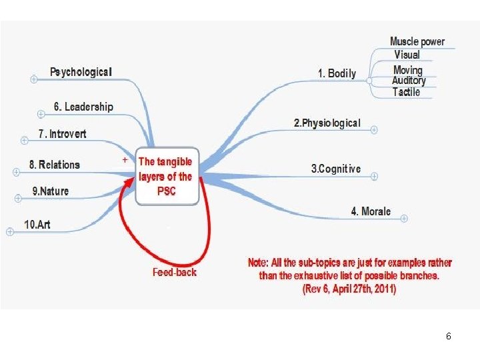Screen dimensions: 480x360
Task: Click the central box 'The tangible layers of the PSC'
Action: point(167,176)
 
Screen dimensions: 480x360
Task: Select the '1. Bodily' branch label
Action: point(337,73)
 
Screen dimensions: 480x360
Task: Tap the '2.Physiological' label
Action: point(327,123)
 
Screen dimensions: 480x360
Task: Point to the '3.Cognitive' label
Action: point(336,169)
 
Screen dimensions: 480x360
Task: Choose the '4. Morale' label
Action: point(371,211)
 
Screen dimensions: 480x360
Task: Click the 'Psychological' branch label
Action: point(81,72)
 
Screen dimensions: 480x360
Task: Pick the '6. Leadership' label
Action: point(83,107)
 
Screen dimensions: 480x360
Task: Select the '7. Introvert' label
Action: point(62,134)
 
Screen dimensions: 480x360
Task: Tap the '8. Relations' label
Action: point(55,165)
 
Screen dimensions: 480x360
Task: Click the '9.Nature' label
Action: point(51,191)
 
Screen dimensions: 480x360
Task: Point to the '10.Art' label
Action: point(37,225)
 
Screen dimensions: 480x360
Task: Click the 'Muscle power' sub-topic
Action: point(417,41)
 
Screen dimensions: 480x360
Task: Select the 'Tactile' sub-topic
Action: point(406,92)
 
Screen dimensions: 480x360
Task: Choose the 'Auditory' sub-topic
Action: point(409,81)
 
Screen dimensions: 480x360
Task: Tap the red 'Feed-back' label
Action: point(175,272)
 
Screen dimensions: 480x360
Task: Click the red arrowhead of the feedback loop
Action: point(129,182)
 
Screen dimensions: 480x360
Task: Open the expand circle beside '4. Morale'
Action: point(404,218)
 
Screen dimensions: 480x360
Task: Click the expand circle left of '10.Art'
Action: point(10,232)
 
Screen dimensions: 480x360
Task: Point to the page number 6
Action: point(449,336)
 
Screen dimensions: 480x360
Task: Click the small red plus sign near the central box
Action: point(125,159)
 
